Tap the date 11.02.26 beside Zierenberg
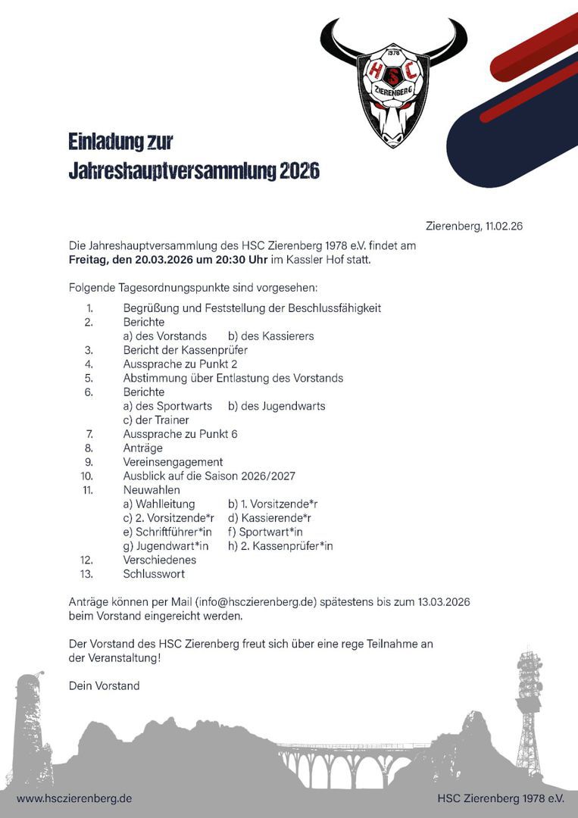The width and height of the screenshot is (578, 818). tap(505, 226)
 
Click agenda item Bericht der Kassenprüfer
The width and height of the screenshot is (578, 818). tap(185, 350)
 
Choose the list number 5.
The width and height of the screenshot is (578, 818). tap(89, 378)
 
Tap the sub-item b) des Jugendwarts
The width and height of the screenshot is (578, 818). tap(277, 406)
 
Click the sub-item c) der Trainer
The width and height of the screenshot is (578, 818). tap(156, 420)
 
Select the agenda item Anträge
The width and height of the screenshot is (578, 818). tap(142, 448)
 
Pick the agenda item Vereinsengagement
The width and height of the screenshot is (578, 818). tap(173, 462)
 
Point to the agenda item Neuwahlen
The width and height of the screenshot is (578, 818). tap(152, 490)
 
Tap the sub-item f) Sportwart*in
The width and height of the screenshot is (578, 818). tap(265, 532)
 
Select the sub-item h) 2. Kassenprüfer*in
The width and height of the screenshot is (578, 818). tap(280, 545)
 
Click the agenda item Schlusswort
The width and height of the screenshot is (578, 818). tap(154, 573)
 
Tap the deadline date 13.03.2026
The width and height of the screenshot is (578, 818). tap(443, 602)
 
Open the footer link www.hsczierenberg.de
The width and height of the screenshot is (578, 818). tap(74, 798)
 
